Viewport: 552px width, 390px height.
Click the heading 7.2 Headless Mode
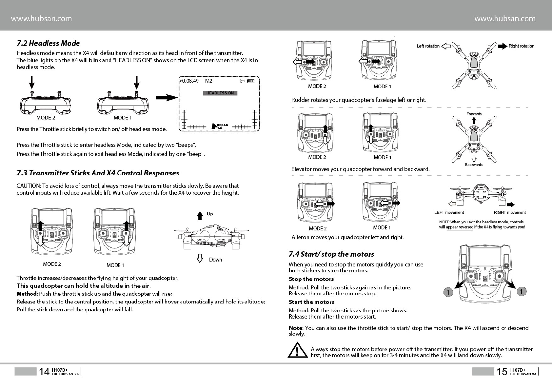coord(48,43)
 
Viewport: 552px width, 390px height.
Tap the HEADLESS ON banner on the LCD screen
coord(220,93)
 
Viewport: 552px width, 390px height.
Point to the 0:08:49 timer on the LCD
coord(190,81)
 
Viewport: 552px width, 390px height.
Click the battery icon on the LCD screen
coord(250,81)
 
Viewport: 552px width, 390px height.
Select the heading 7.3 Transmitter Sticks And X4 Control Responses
coord(98,173)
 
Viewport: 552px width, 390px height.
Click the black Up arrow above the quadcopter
coord(200,216)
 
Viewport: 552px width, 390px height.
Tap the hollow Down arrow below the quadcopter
coord(200,259)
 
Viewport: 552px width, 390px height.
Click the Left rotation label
coord(428,46)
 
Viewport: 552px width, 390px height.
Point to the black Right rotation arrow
coord(502,46)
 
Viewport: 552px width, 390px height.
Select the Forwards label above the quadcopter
coord(474,114)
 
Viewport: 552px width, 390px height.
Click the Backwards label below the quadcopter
coord(474,165)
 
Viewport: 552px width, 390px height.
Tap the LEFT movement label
coord(449,212)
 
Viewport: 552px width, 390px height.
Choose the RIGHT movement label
coord(509,212)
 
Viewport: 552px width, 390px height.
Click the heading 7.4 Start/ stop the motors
coord(331,254)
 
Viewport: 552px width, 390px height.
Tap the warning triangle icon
coord(297,350)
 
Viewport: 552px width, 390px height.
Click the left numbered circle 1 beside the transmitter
coord(448,292)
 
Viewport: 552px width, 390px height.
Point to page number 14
coord(44,372)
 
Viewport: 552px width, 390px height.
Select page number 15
coord(502,372)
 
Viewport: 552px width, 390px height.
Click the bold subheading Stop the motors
coord(311,279)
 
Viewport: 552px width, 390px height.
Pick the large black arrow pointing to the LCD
coord(167,97)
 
